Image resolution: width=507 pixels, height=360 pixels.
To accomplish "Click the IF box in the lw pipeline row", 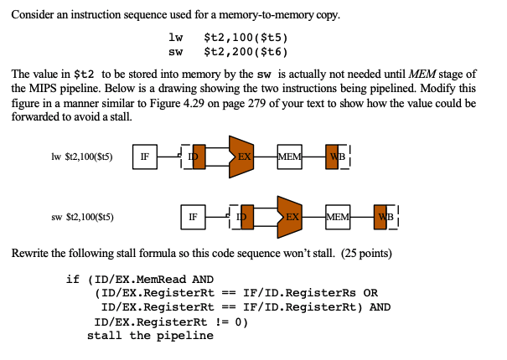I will (x=145, y=156).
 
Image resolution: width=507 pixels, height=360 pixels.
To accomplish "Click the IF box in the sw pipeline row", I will (x=193, y=216).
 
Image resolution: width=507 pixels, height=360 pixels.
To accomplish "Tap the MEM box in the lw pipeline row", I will (x=289, y=156).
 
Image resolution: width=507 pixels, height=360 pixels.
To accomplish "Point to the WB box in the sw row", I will (x=385, y=216).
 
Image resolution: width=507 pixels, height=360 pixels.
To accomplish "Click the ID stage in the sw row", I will (x=244, y=217).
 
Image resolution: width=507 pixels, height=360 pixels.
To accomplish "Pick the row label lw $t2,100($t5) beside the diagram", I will (x=82, y=156).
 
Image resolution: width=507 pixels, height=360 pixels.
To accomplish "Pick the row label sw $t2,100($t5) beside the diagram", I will (x=82, y=217).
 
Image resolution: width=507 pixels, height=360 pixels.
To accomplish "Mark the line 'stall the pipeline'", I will (x=150, y=335).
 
